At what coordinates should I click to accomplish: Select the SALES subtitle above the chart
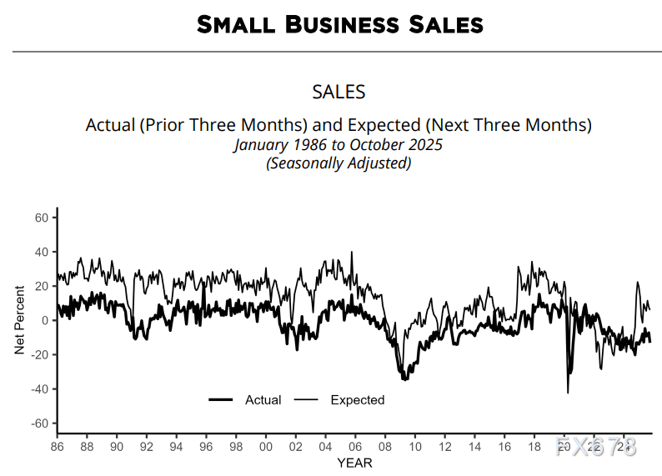339,92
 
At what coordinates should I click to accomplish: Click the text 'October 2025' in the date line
397,144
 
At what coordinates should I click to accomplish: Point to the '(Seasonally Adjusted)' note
339,163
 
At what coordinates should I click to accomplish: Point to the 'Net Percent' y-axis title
19,321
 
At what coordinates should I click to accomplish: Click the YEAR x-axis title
354,463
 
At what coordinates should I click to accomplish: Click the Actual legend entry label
263,400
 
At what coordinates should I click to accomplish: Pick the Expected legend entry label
357,400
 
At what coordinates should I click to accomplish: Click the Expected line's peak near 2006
352,252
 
